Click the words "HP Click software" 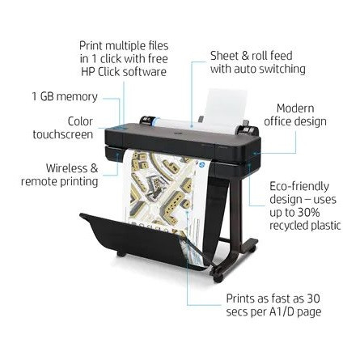[124, 72]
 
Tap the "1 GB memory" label [65, 96]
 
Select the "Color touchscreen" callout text [63, 128]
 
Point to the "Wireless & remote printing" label [60, 175]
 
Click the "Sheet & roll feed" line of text [252, 56]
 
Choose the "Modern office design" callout [295, 115]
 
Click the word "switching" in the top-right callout [282, 69]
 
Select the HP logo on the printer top [176, 133]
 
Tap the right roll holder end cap [248, 129]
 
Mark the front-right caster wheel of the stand [218, 278]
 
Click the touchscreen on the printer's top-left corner [117, 129]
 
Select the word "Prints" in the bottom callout [240, 299]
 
